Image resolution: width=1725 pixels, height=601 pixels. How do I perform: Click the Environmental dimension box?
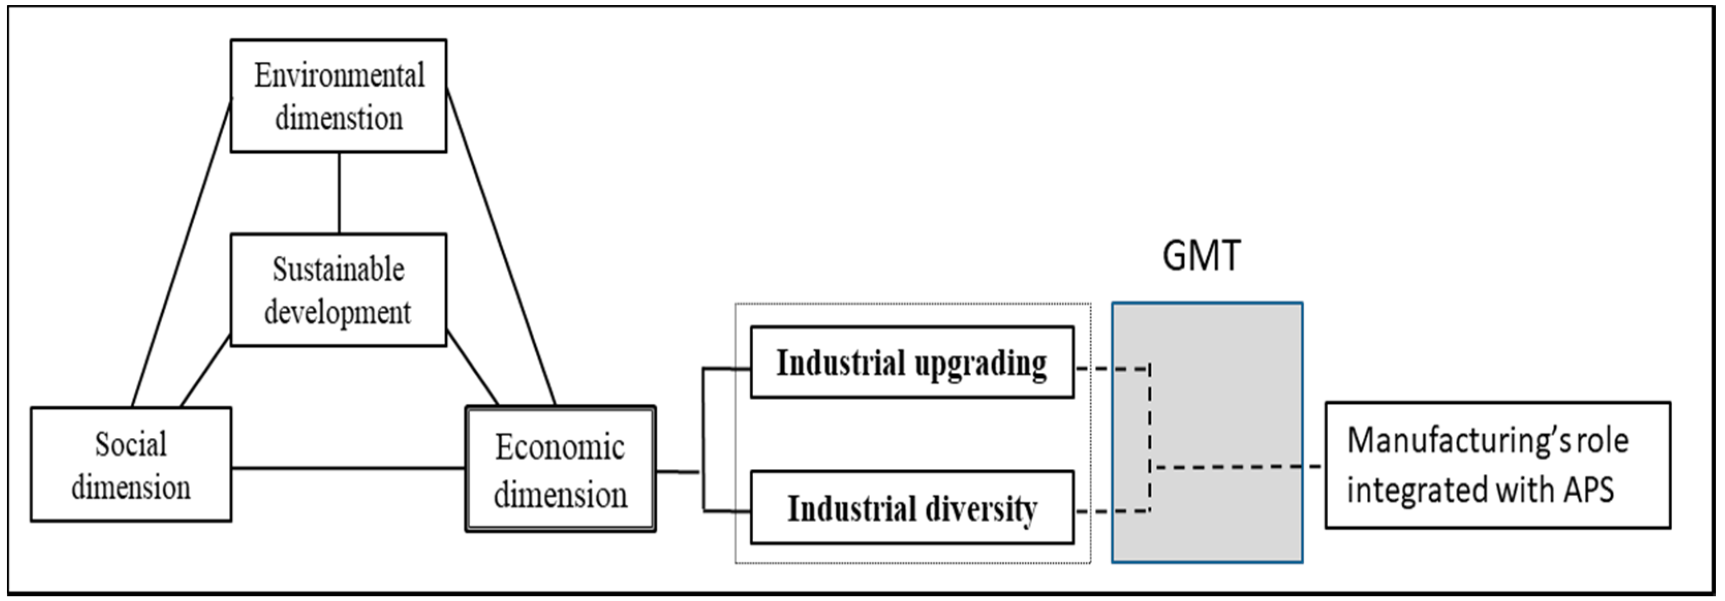338,96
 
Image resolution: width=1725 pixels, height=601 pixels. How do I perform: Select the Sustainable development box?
338,290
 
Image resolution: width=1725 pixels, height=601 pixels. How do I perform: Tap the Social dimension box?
131,465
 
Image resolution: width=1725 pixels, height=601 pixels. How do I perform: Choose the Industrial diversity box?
911,508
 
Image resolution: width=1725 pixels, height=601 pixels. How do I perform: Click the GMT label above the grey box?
1201,256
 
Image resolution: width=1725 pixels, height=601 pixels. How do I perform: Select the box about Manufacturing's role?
1497,465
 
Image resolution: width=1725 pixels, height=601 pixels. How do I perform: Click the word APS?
1589,490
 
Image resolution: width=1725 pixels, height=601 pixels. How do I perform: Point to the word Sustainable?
338,270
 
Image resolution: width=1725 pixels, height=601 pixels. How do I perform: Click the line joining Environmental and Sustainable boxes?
339,193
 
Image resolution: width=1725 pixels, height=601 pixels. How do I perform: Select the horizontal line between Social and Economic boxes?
348,468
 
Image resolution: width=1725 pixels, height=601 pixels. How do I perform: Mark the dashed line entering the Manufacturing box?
1239,466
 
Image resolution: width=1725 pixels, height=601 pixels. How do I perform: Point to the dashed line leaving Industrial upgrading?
1112,368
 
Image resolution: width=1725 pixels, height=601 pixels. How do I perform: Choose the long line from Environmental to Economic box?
501,248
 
